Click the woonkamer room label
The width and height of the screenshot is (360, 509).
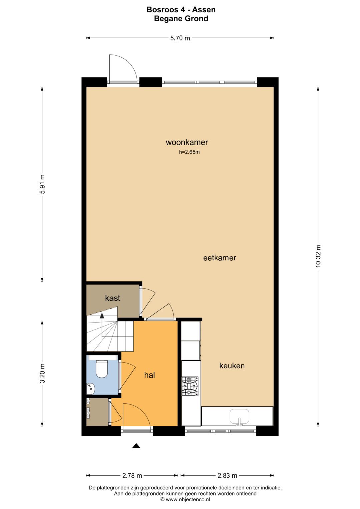tap(187, 142)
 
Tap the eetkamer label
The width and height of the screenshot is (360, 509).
tap(220, 258)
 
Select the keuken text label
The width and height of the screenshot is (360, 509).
tap(232, 366)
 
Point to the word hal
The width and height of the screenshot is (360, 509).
tap(150, 375)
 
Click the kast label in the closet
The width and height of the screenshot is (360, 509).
tap(113, 298)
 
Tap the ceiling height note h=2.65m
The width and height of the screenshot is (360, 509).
tap(189, 152)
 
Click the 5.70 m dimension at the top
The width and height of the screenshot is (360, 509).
tap(180, 38)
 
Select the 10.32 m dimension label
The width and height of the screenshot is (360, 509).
tap(318, 256)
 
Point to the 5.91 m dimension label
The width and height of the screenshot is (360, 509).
tap(42, 184)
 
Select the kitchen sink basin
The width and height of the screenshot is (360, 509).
tap(239, 416)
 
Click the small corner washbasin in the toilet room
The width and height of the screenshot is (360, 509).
tap(90, 389)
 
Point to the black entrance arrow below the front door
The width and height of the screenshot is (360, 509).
tap(136, 446)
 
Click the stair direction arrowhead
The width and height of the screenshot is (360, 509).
tap(102, 315)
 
